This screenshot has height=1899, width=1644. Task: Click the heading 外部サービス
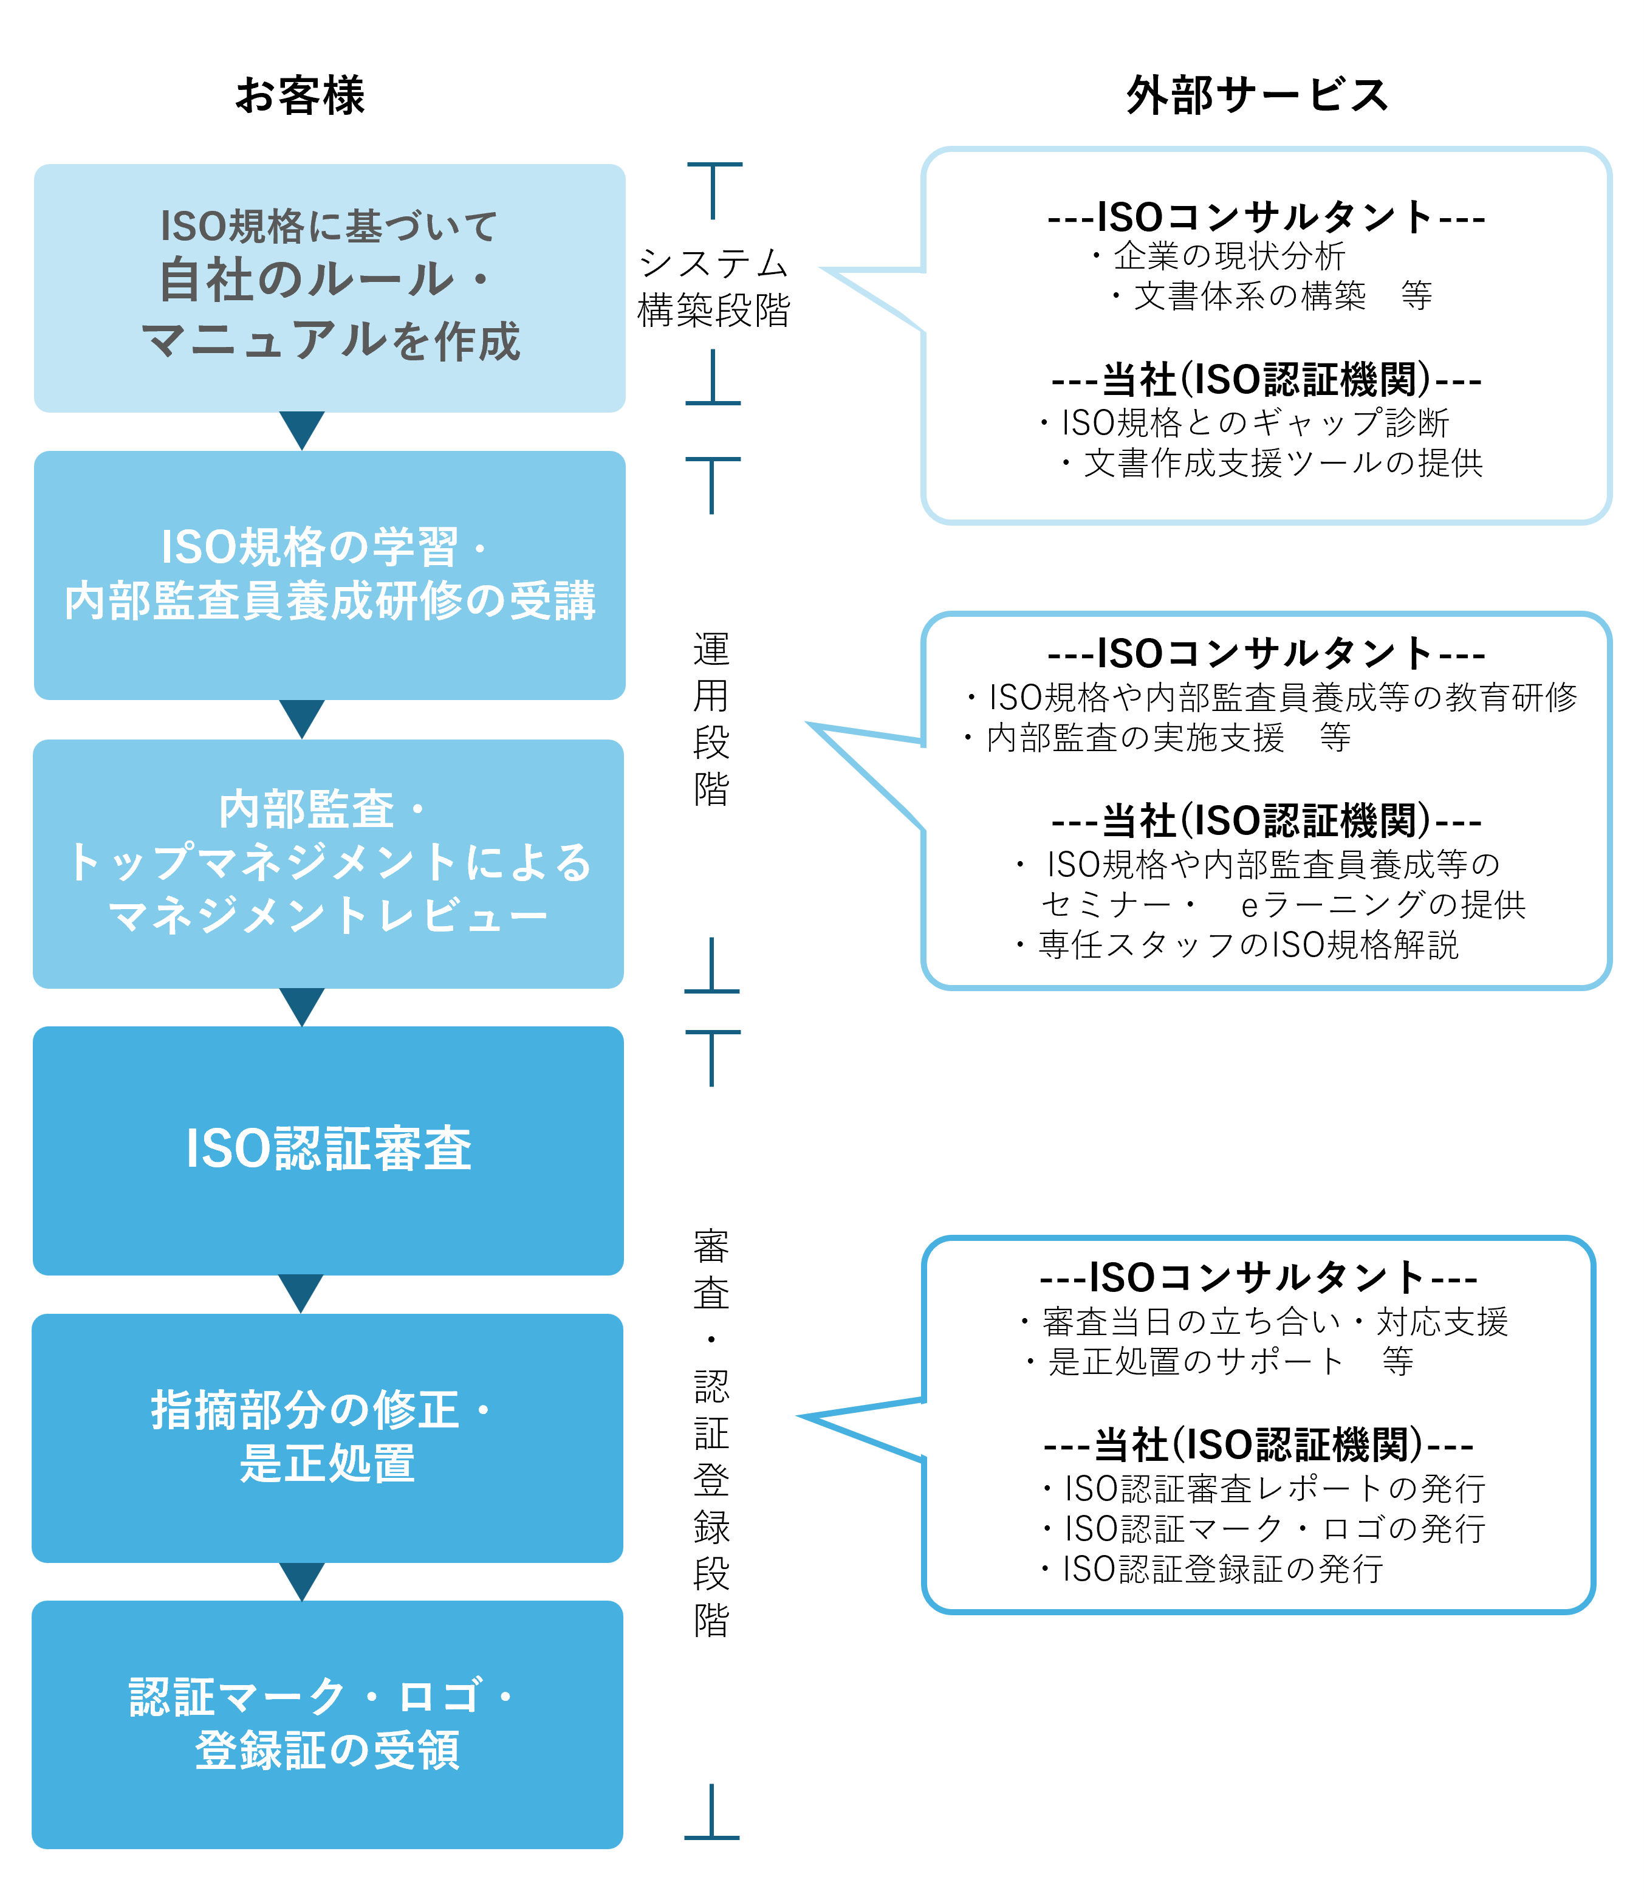1257,95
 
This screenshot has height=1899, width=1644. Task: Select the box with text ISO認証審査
329,1150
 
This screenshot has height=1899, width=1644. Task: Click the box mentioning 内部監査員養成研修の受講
329,574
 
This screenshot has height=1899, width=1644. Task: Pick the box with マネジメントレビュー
329,864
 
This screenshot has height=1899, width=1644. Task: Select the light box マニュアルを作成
329,287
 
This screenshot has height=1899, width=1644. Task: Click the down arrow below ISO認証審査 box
301,1293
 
